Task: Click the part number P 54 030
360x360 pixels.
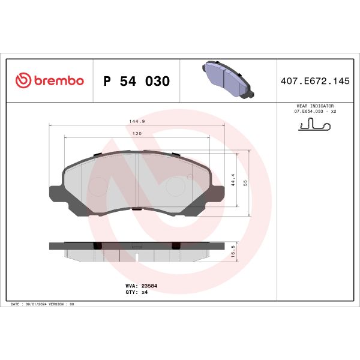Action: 137,81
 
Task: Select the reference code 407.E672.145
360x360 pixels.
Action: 315,81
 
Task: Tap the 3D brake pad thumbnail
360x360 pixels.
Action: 227,80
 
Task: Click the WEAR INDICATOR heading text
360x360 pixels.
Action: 313,105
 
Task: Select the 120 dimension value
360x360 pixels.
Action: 137,133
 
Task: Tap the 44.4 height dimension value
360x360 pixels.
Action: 232,181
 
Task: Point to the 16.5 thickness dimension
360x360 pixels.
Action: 232,249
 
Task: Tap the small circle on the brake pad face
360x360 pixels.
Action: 190,176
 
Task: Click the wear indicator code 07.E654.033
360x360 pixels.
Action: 305,111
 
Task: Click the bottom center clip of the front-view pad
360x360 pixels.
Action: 137,209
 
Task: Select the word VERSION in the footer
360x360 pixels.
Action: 60,305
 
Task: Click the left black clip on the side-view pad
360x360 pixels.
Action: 97,245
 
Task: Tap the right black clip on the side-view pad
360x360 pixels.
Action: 176,245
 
